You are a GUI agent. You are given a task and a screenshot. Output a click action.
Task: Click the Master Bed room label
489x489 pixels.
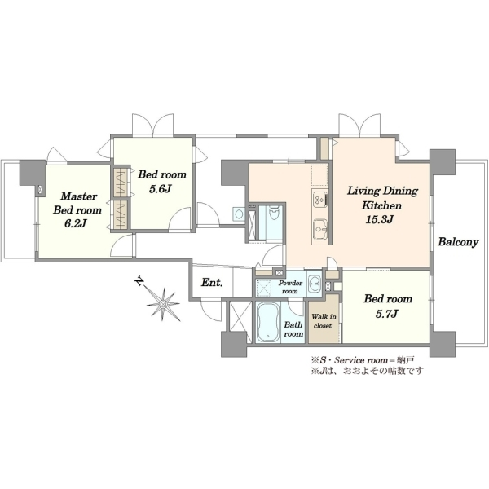coord(77,203)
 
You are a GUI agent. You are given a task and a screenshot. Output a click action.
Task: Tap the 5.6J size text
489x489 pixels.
coord(161,189)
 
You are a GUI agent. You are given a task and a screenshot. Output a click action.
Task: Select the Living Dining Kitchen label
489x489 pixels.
coord(382,198)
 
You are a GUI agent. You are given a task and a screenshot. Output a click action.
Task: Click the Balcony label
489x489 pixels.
coord(458,242)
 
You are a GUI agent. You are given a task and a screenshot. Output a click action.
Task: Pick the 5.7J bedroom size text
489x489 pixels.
coord(386,314)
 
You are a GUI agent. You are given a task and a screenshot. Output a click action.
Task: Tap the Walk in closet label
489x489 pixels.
coord(324,321)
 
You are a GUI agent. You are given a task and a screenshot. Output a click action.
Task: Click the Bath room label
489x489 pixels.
coord(293,329)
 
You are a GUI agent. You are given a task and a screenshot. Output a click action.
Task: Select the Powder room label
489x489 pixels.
coord(290,287)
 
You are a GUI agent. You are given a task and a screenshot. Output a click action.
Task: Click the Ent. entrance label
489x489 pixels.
coord(212,283)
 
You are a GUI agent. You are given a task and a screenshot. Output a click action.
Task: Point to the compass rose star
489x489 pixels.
coord(164,303)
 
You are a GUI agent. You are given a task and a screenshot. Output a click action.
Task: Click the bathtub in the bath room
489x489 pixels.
coord(267,323)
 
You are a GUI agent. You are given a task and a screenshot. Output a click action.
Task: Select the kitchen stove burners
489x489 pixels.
coord(320,200)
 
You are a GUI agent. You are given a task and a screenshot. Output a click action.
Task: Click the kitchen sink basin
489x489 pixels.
coord(320,229)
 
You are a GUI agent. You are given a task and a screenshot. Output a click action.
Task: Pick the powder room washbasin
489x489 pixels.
coord(315,284)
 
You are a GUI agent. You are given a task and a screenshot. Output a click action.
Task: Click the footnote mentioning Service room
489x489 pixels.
coord(363,360)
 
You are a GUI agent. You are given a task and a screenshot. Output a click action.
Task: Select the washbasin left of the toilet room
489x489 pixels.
coord(239,214)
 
